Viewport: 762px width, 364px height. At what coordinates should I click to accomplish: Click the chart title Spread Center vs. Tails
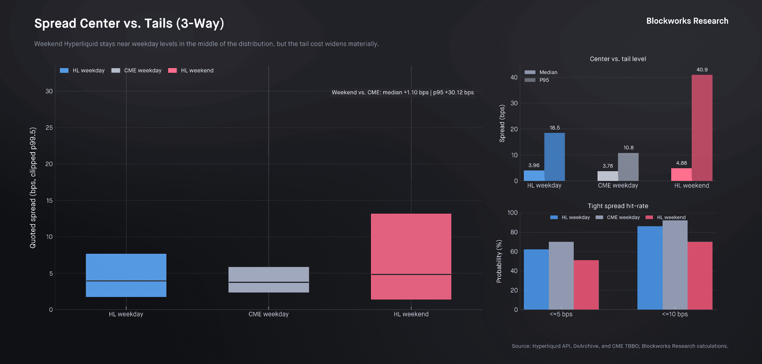129,23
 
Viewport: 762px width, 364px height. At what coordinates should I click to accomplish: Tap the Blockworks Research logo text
687,21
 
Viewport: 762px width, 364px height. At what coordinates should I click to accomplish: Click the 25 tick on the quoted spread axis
49,128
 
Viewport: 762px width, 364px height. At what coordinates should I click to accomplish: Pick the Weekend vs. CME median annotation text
403,92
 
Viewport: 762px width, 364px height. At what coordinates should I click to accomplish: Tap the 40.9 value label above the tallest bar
702,70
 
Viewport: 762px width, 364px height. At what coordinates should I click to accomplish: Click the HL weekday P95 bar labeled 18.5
554,157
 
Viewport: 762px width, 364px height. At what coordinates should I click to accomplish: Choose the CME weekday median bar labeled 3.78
608,176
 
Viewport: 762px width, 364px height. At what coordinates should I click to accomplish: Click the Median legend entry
548,72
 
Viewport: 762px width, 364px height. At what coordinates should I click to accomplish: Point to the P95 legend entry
544,80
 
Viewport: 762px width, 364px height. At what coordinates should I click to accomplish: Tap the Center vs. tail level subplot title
618,59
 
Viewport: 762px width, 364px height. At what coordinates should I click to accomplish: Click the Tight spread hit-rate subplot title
618,206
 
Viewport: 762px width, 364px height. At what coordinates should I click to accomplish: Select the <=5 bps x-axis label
561,314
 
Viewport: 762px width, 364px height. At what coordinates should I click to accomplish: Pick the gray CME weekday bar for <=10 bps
675,265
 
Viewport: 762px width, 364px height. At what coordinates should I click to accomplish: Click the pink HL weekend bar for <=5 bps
586,285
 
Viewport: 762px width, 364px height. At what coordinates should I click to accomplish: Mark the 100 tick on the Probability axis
512,213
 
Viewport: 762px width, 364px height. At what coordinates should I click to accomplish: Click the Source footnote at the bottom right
619,346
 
